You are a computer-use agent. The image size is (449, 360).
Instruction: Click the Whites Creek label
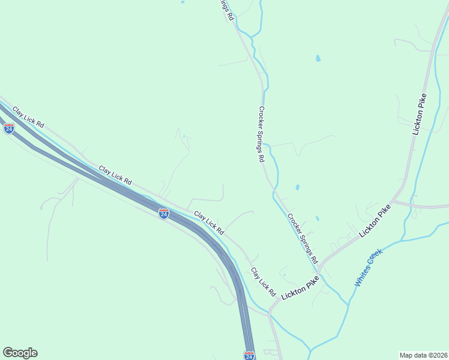(368, 268)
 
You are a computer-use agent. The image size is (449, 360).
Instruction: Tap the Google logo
(20, 353)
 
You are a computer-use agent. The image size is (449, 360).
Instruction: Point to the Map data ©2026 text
(423, 355)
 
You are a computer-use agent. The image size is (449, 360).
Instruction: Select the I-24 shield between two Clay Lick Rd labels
(163, 213)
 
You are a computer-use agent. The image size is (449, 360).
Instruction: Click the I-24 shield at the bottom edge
(249, 356)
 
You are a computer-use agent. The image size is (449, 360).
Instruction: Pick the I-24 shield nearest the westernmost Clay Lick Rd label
(8, 128)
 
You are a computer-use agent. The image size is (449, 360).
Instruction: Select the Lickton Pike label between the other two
(377, 220)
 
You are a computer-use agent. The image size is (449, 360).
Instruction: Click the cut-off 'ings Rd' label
(225, 10)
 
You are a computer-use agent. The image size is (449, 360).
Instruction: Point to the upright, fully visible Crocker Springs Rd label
(262, 134)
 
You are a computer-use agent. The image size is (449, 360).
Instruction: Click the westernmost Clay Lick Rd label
(28, 116)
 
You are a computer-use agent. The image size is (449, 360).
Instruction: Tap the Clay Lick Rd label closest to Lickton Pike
(262, 282)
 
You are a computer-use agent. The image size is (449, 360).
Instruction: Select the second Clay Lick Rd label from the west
(115, 175)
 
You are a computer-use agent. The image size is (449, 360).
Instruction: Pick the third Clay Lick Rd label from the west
(209, 222)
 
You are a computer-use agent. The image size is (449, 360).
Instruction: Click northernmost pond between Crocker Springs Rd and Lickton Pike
(318, 59)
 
